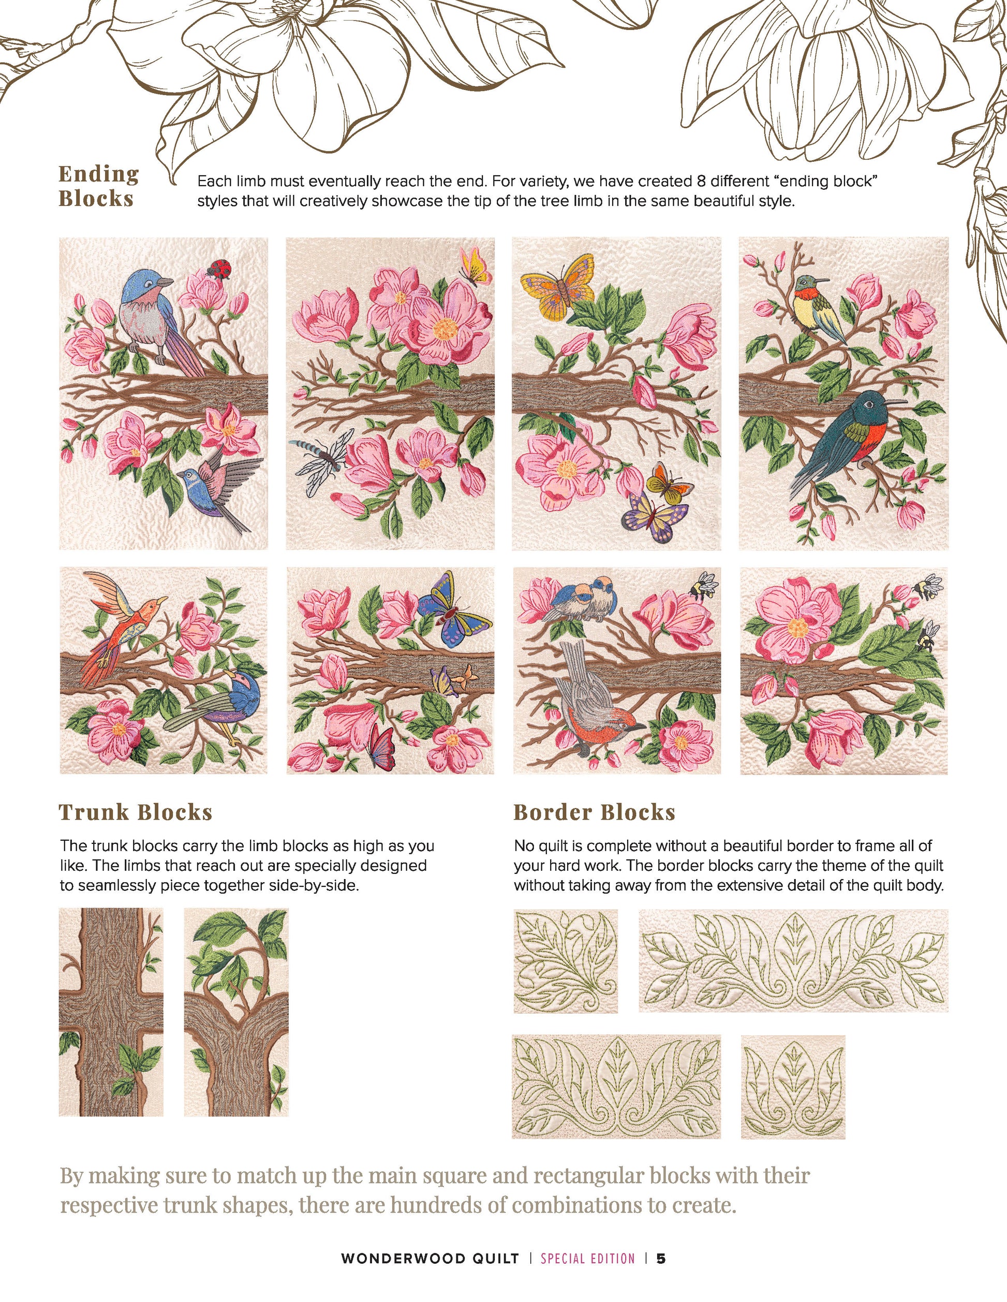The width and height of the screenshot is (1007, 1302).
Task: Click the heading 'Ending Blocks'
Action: tap(99, 186)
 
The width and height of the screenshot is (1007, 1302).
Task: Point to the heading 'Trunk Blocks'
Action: tap(136, 812)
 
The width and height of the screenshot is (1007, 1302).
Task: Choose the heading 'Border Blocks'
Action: tap(594, 812)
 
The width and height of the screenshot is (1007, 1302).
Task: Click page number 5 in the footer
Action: tap(661, 1259)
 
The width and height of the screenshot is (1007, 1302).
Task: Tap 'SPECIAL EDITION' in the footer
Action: tap(588, 1259)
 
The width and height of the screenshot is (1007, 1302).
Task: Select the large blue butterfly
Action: tap(454, 609)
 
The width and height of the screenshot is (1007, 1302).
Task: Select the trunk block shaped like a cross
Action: tap(111, 1012)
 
